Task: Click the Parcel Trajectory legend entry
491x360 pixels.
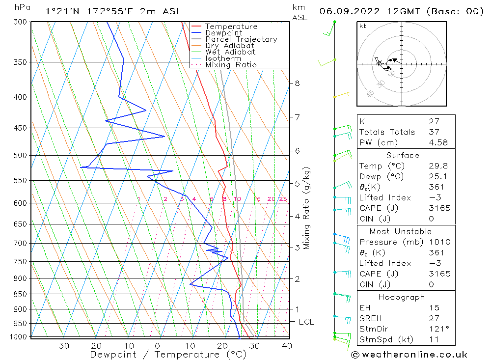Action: [241, 39]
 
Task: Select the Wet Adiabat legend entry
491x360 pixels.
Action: [230, 52]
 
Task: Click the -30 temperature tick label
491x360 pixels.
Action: [60, 346]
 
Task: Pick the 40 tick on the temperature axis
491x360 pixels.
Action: [287, 346]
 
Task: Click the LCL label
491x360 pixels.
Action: [306, 322]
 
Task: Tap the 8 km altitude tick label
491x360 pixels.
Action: [297, 83]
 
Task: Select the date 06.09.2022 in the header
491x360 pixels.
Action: [347, 11]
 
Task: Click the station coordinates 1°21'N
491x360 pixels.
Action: [58, 11]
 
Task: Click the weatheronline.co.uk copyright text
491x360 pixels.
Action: [409, 355]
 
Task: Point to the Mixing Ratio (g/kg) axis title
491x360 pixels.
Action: [307, 208]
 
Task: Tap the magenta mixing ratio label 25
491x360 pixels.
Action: [283, 199]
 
